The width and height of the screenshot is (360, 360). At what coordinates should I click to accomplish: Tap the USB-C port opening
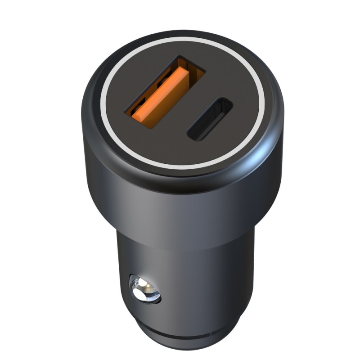tap(210, 119)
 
